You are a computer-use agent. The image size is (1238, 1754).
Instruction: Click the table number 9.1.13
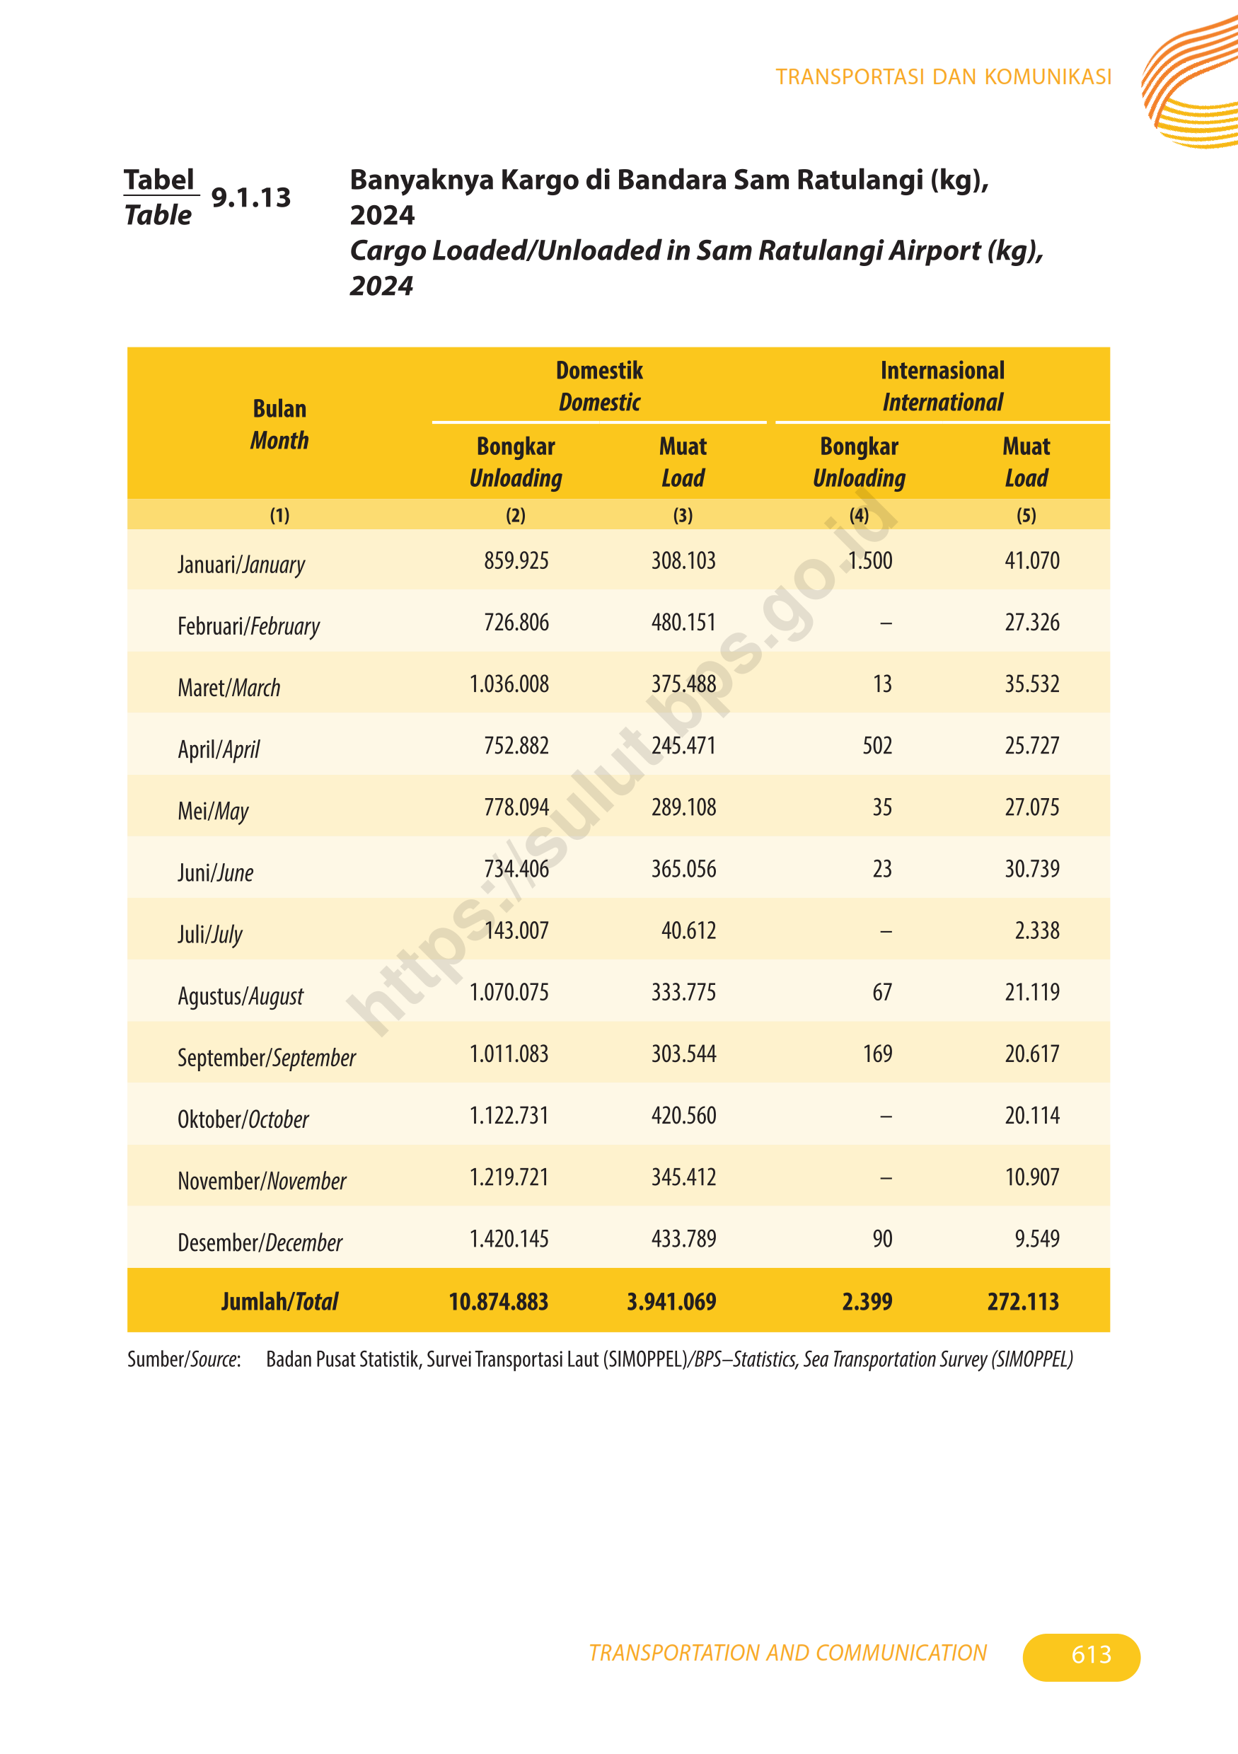(250, 197)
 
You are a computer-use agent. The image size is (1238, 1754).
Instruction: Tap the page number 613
(1091, 1654)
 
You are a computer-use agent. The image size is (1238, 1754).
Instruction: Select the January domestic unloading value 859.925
(516, 561)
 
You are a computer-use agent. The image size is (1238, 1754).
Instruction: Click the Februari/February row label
(248, 626)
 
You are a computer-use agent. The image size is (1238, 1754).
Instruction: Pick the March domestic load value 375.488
(683, 683)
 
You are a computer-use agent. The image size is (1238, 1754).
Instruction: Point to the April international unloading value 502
(877, 746)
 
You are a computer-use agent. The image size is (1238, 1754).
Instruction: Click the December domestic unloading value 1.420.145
(509, 1238)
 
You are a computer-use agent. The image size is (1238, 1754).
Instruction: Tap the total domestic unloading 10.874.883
(498, 1301)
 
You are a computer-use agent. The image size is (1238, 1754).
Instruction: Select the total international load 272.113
(1023, 1301)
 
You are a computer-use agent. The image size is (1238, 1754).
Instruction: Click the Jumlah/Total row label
(279, 1301)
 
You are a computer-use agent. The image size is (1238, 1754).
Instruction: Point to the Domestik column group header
(599, 386)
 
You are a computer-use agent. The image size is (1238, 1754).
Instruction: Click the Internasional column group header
(942, 386)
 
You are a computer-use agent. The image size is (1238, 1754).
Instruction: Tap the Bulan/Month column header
(279, 424)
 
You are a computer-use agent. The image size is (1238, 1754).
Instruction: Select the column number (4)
(860, 515)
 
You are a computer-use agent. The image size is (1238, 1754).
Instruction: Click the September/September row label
(267, 1058)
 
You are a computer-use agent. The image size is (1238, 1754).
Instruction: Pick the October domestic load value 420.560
(683, 1115)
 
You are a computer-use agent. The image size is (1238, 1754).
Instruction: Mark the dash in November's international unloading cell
(885, 1178)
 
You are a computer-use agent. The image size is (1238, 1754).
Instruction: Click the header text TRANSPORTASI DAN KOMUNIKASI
(943, 77)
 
